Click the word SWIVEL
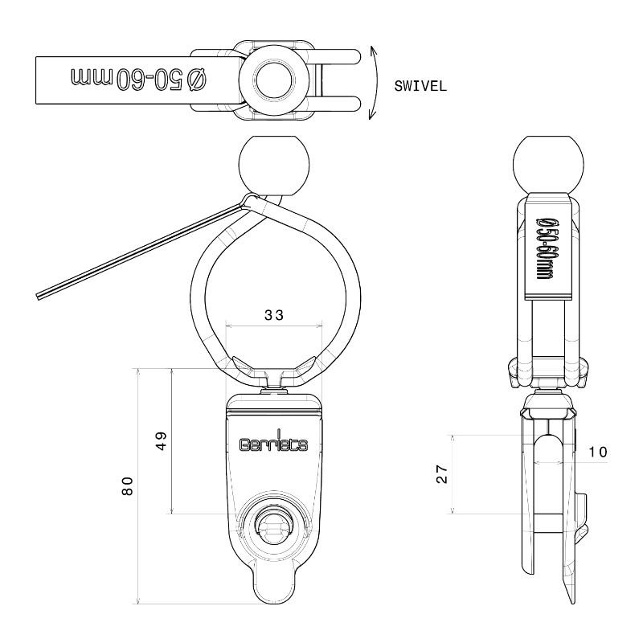click(420, 86)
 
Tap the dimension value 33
click(274, 315)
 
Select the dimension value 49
click(162, 440)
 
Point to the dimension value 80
click(128, 486)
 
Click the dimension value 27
click(442, 474)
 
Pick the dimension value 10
click(597, 452)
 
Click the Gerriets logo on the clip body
click(273, 443)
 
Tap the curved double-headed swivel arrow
click(374, 83)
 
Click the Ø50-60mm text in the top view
click(138, 79)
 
